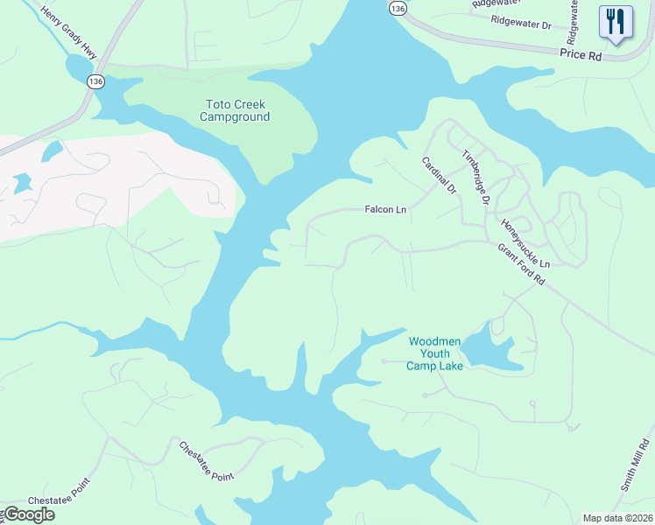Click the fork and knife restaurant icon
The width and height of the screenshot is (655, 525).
tap(616, 21)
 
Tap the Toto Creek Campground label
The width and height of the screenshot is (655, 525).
tap(235, 110)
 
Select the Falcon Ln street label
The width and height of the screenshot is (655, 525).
tap(386, 210)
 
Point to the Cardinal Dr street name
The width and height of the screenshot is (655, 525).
tap(440, 176)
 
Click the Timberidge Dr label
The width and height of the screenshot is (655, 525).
tap(475, 178)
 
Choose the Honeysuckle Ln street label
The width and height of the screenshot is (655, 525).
tap(525, 244)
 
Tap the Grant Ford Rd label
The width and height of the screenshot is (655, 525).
tap(523, 265)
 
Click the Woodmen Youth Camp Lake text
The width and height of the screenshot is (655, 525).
tap(434, 353)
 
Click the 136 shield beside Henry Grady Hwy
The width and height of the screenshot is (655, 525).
tap(95, 80)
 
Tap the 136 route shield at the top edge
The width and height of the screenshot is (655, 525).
tap(398, 8)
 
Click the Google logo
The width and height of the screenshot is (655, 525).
tap(28, 514)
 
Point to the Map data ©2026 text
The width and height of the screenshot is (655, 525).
tap(617, 518)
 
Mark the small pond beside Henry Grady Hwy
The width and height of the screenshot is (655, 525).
tap(78, 66)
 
